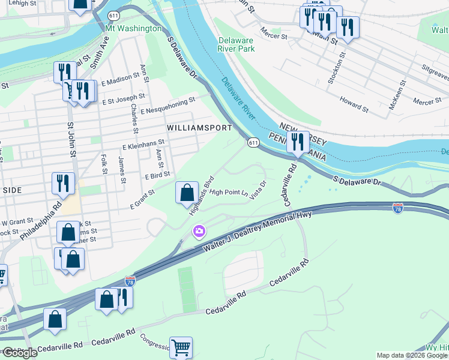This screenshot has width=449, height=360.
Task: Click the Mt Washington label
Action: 133,28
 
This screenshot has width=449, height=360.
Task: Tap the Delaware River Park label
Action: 235,44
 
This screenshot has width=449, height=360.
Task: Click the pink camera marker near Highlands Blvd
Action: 199,231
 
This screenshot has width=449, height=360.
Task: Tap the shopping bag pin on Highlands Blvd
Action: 187,193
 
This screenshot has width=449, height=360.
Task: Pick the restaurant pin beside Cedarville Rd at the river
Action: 298,143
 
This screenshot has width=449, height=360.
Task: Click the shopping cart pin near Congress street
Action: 181,347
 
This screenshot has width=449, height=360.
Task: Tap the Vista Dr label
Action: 259,191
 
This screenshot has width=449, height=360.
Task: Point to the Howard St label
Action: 354,103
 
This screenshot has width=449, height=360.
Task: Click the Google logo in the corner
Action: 20,353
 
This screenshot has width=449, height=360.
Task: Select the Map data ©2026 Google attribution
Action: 412,355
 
